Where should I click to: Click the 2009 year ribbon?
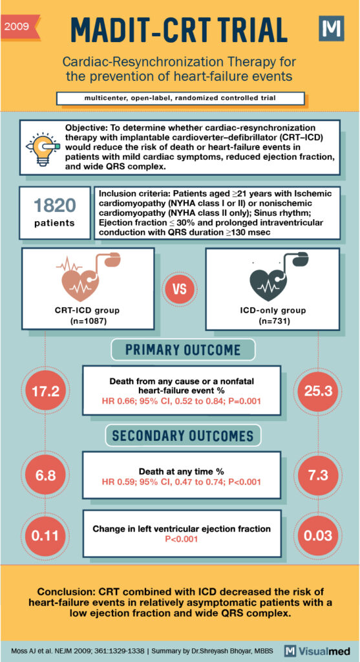coord(19,27)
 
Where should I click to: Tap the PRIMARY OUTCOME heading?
coord(182,350)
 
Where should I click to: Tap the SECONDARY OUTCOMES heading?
coord(182,435)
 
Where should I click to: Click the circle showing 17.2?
coord(46,391)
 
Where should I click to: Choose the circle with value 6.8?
coord(46,476)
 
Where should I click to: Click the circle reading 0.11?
coord(46,536)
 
